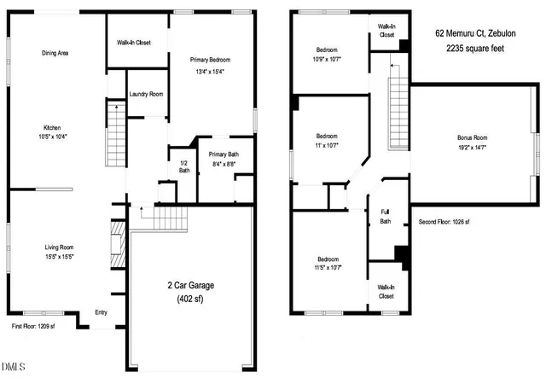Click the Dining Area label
[x=55, y=53]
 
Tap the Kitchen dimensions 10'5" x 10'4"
[x=53, y=137]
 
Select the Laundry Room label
[x=146, y=94]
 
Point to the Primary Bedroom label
[x=210, y=60]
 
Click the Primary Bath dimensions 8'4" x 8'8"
[x=224, y=164]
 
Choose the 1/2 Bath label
[x=184, y=166]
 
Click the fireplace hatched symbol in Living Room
[x=118, y=244]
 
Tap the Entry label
[x=101, y=312]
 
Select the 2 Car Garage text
[x=191, y=285]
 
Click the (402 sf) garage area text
[x=190, y=299]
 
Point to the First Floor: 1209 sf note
[x=33, y=326]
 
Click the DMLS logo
[x=14, y=367]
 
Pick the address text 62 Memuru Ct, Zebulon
[x=475, y=33]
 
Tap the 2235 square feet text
[x=475, y=48]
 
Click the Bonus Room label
[x=472, y=137]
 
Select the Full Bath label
[x=385, y=217]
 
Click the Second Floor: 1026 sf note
[x=444, y=222]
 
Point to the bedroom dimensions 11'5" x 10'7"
[x=328, y=268]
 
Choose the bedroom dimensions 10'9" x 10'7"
[x=327, y=59]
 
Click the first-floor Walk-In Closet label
[x=134, y=43]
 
